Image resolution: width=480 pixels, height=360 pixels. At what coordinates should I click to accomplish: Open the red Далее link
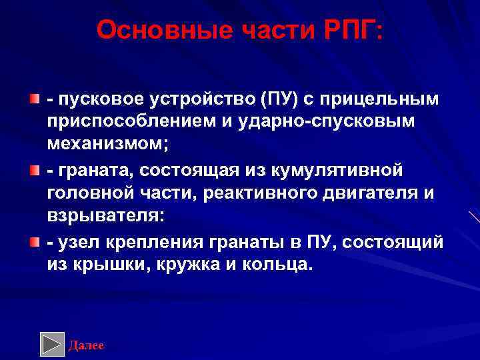click(87, 345)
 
